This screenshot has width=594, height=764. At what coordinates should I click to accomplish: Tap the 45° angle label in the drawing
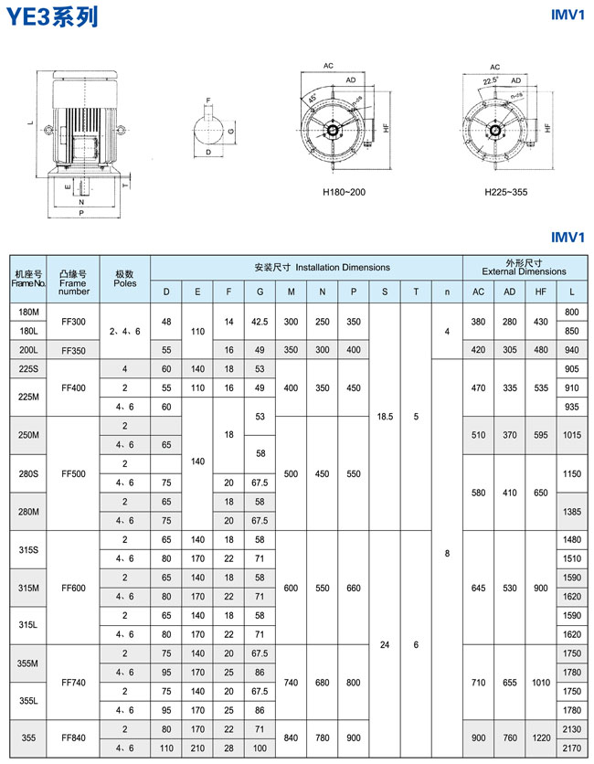click(x=313, y=99)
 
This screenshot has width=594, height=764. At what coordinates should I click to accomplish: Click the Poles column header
click(x=125, y=278)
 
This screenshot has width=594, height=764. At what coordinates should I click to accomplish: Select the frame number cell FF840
click(x=73, y=738)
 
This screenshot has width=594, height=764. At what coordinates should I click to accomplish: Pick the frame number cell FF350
click(x=73, y=349)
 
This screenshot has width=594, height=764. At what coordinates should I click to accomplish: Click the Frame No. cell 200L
click(x=27, y=349)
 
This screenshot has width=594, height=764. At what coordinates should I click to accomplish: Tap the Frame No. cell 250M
click(x=27, y=436)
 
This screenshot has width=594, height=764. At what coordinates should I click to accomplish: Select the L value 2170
click(x=571, y=748)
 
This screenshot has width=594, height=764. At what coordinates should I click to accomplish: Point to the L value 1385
click(x=571, y=512)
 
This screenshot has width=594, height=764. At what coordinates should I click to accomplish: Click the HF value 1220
click(x=541, y=738)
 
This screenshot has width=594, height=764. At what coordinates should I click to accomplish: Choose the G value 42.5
click(x=260, y=321)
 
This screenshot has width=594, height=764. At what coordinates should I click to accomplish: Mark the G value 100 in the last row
click(x=260, y=748)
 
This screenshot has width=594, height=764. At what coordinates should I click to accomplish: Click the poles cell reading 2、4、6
click(x=125, y=330)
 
